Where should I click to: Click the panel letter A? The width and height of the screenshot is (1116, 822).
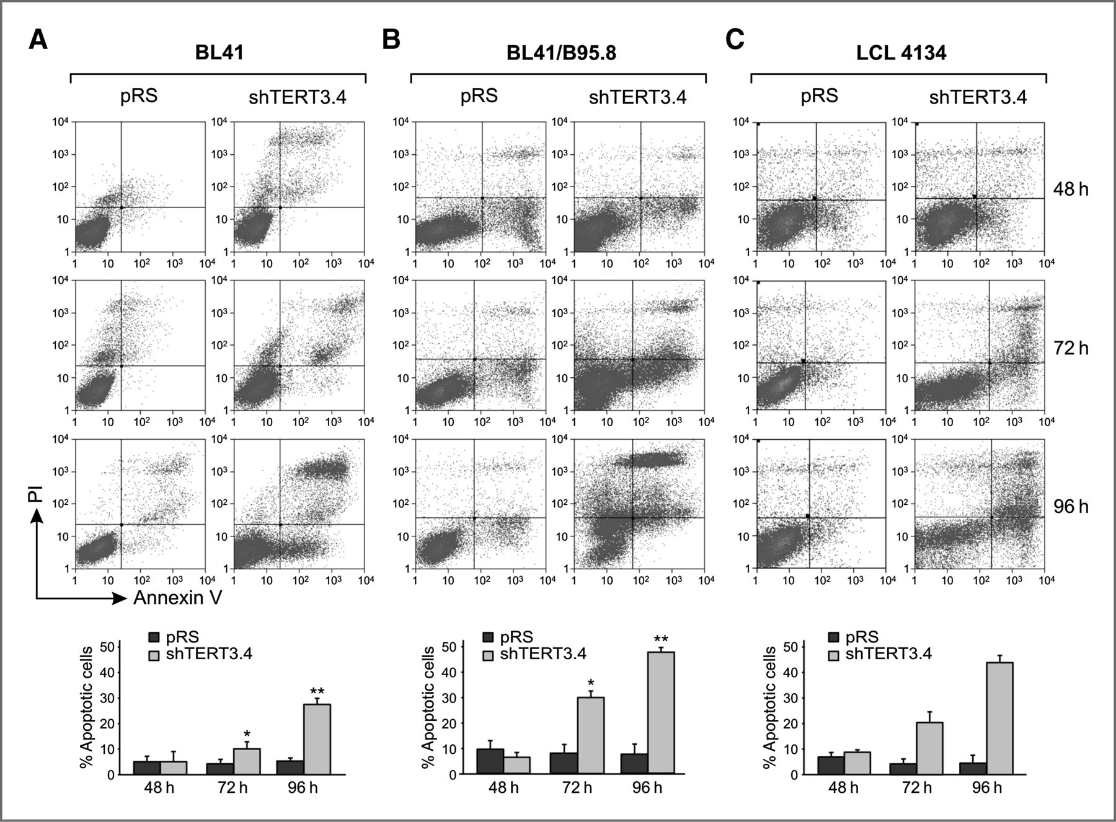click(38, 42)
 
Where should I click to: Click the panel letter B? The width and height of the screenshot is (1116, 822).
click(391, 40)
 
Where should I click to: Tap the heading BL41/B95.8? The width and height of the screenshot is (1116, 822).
click(561, 53)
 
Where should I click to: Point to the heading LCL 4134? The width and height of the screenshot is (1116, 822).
click(901, 53)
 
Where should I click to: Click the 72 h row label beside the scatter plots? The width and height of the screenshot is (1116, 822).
click(1071, 348)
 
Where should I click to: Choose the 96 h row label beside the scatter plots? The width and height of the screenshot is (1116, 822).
click(1071, 507)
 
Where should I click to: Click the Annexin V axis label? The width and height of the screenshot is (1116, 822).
click(177, 598)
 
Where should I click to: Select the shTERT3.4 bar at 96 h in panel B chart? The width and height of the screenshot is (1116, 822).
click(661, 712)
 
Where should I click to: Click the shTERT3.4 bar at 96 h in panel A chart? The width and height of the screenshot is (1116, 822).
click(317, 738)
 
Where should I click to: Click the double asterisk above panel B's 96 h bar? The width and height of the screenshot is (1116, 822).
click(661, 638)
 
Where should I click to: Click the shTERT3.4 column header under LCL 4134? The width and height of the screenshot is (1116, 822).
click(978, 97)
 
